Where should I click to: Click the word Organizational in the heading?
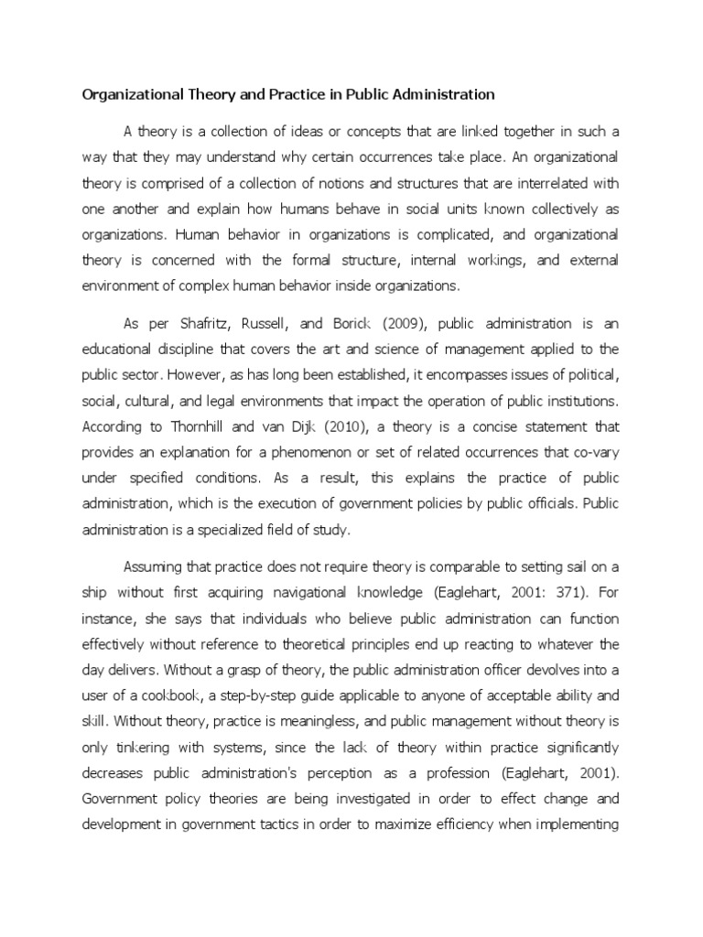click(x=127, y=94)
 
